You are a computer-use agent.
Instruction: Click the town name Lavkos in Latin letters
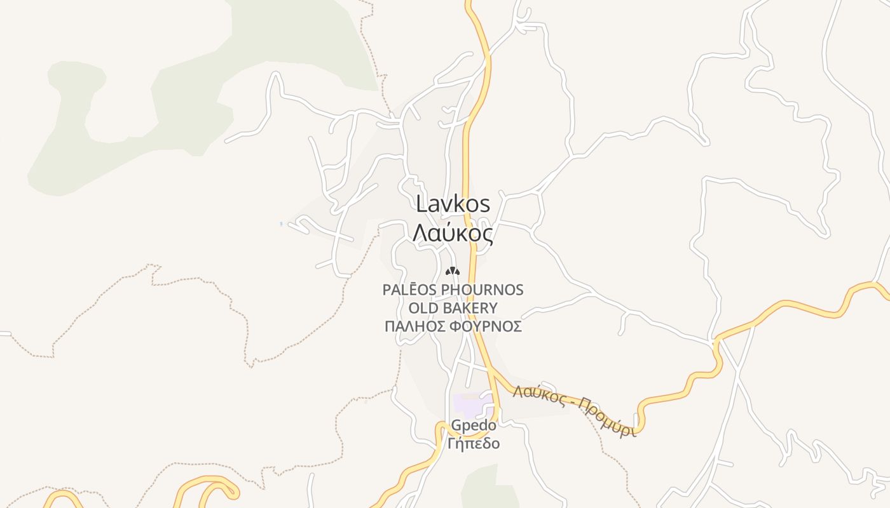[x=453, y=204]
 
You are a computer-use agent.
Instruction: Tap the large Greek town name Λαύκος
[x=453, y=234]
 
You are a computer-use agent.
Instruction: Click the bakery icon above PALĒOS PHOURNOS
[x=452, y=272]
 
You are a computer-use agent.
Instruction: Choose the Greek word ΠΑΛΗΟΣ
[x=414, y=326]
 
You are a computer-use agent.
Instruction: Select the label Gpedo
[x=474, y=425]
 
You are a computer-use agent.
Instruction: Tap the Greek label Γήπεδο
[x=474, y=443]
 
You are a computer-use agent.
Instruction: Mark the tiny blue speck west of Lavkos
[x=281, y=224]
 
